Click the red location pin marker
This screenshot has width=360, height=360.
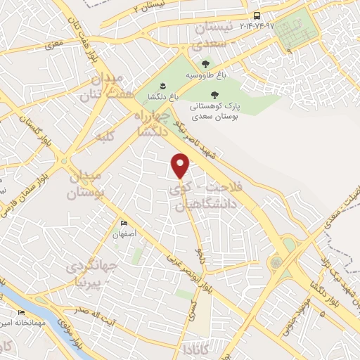[x=181, y=166]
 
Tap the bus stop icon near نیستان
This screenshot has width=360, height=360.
[x=257, y=15]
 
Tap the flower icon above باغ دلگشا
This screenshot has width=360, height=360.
[x=162, y=86]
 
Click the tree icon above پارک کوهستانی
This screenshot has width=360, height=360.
[x=214, y=95]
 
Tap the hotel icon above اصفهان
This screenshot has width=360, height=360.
[x=124, y=223]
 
